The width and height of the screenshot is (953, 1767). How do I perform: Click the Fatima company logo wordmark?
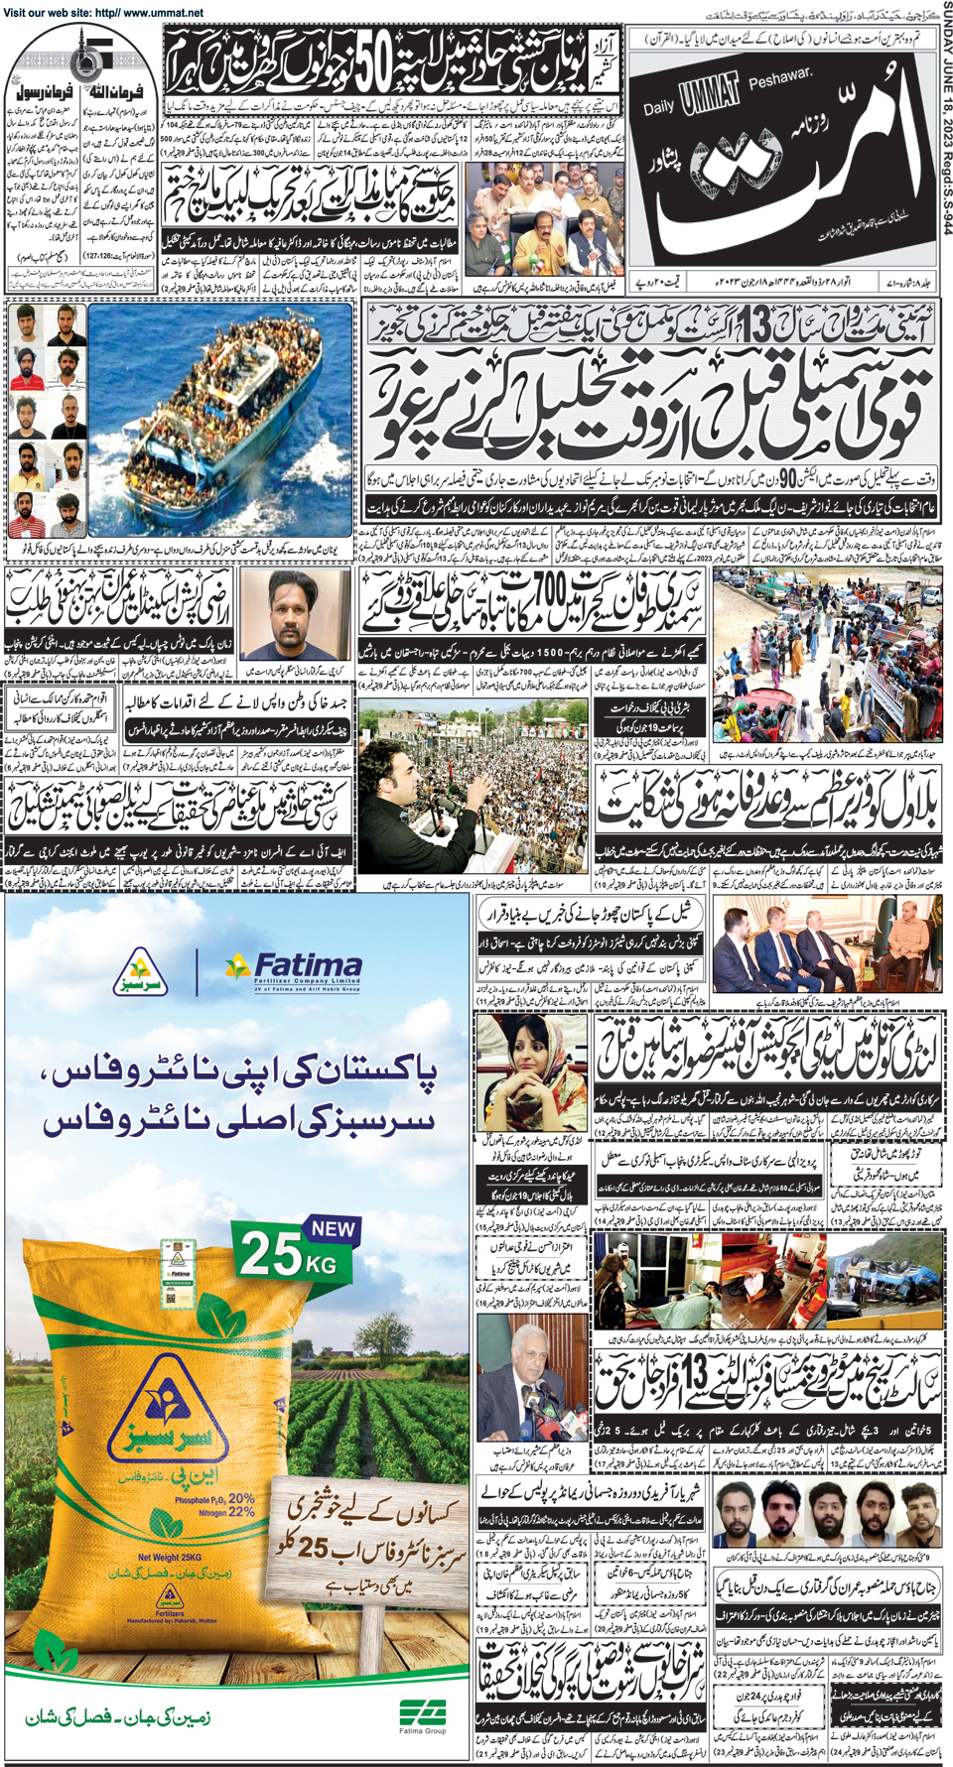click(308, 966)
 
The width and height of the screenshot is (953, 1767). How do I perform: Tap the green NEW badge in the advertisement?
click(333, 1228)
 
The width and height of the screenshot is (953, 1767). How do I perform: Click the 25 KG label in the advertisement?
click(287, 1255)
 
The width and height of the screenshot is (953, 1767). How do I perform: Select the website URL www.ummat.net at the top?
click(163, 13)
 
